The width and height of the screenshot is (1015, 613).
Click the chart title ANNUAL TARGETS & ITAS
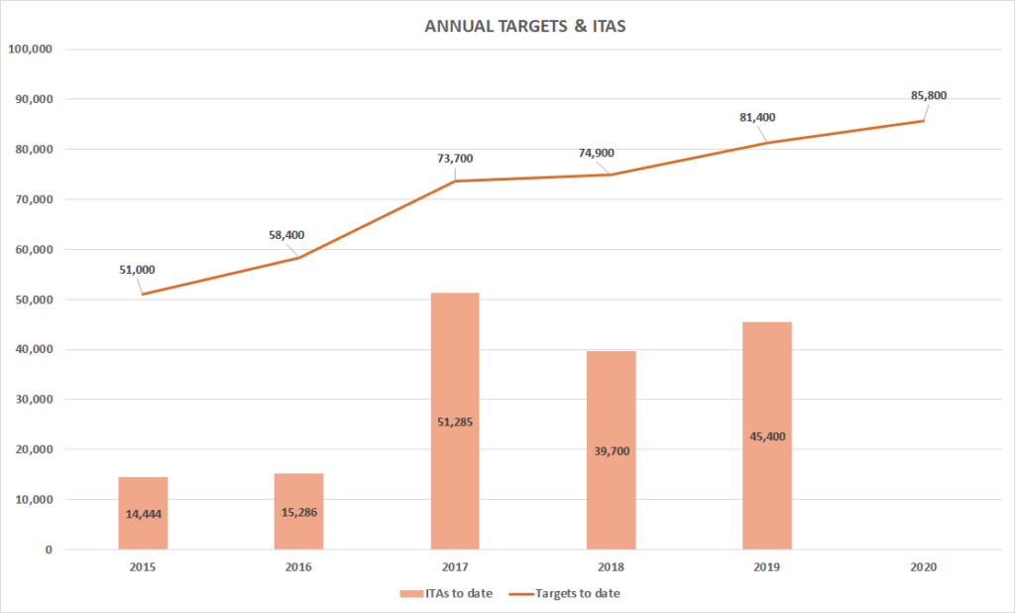click(x=524, y=27)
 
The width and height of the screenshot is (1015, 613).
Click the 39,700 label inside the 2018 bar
click(x=611, y=450)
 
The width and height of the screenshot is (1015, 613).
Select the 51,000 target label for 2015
click(x=136, y=269)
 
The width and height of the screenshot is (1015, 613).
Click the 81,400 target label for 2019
click(x=757, y=117)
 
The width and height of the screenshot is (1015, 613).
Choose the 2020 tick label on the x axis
click(x=923, y=568)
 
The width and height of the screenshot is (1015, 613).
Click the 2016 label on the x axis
click(x=298, y=568)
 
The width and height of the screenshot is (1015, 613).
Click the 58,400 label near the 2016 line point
click(x=285, y=235)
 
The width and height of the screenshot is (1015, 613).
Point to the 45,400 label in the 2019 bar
click(x=766, y=435)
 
